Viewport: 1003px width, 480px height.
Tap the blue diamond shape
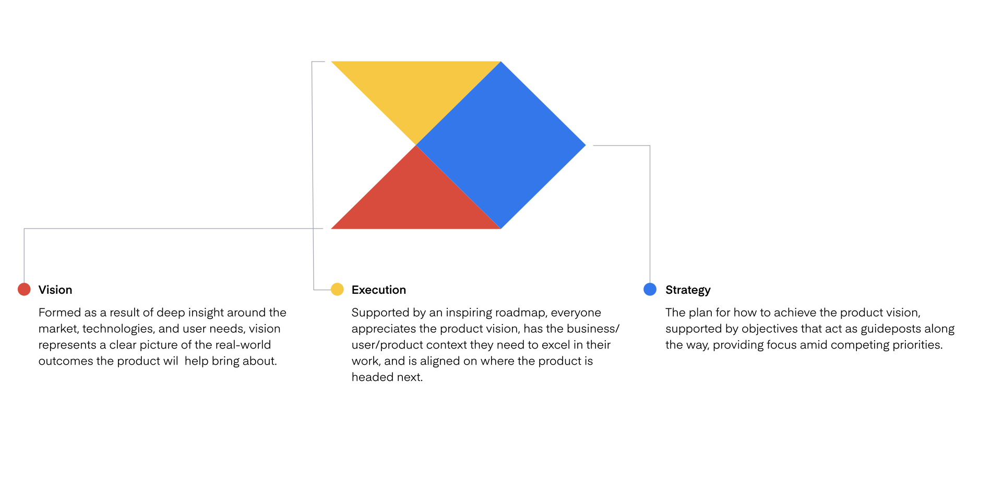pyautogui.click(x=501, y=145)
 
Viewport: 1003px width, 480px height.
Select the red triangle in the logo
pyautogui.click(x=416, y=201)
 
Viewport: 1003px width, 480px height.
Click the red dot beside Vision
pyautogui.click(x=24, y=289)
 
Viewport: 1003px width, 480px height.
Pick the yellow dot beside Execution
pyautogui.click(x=337, y=289)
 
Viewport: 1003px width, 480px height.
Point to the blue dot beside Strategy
pyautogui.click(x=650, y=289)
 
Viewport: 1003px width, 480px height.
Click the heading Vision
pyautogui.click(x=55, y=290)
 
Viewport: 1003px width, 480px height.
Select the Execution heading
pyautogui.click(x=379, y=290)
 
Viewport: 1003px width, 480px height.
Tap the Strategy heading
pyautogui.click(x=688, y=290)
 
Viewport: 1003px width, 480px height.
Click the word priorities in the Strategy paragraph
pyautogui.click(x=917, y=345)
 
